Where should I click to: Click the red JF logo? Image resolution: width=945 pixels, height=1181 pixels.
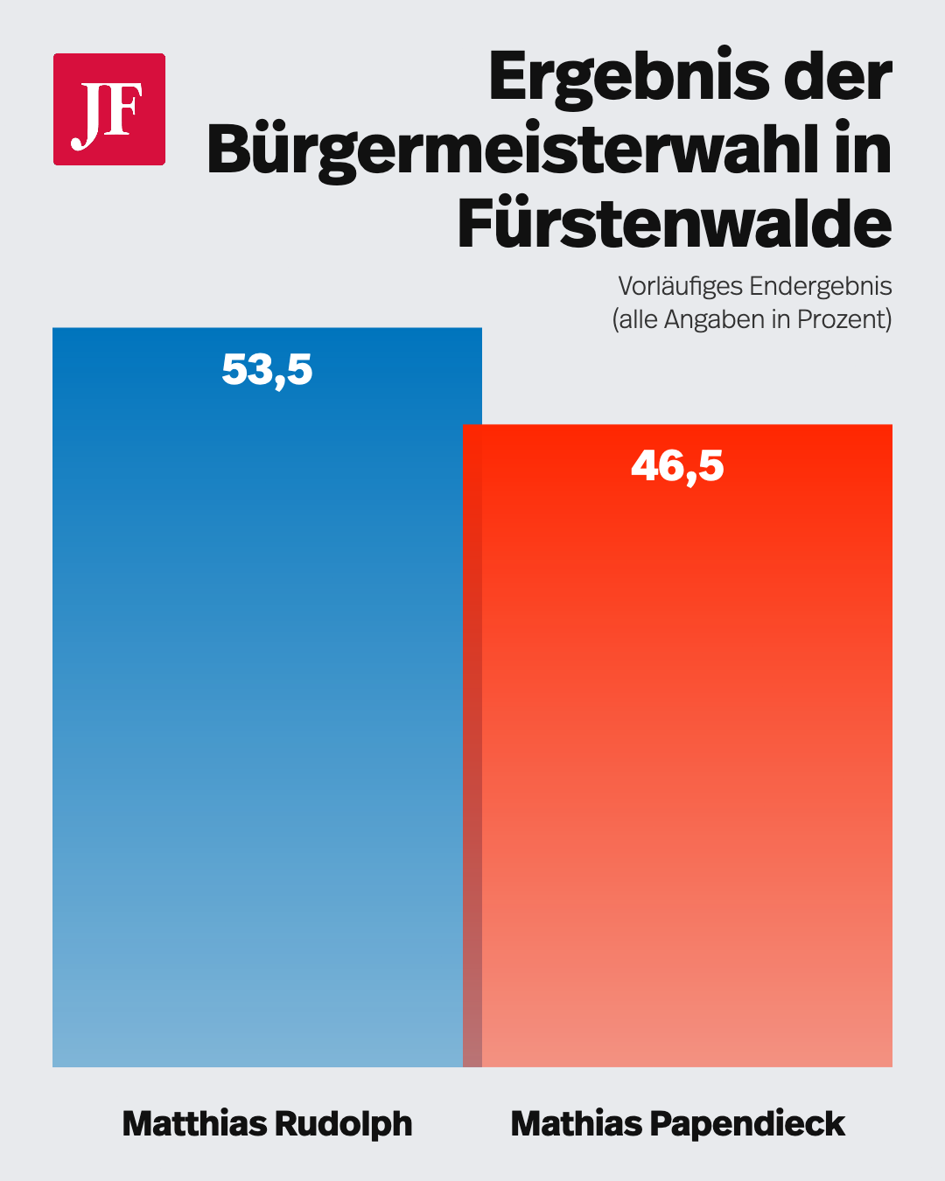(x=109, y=109)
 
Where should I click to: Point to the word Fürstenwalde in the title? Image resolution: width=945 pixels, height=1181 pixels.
(x=674, y=225)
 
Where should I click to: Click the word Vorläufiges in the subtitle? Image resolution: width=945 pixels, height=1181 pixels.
(x=681, y=287)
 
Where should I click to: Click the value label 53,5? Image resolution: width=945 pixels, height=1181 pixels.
(x=267, y=370)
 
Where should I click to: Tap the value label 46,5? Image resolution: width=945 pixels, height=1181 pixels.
(x=677, y=466)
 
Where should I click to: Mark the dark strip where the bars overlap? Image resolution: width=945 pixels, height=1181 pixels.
(x=472, y=744)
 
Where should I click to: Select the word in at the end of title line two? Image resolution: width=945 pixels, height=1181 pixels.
(x=863, y=150)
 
